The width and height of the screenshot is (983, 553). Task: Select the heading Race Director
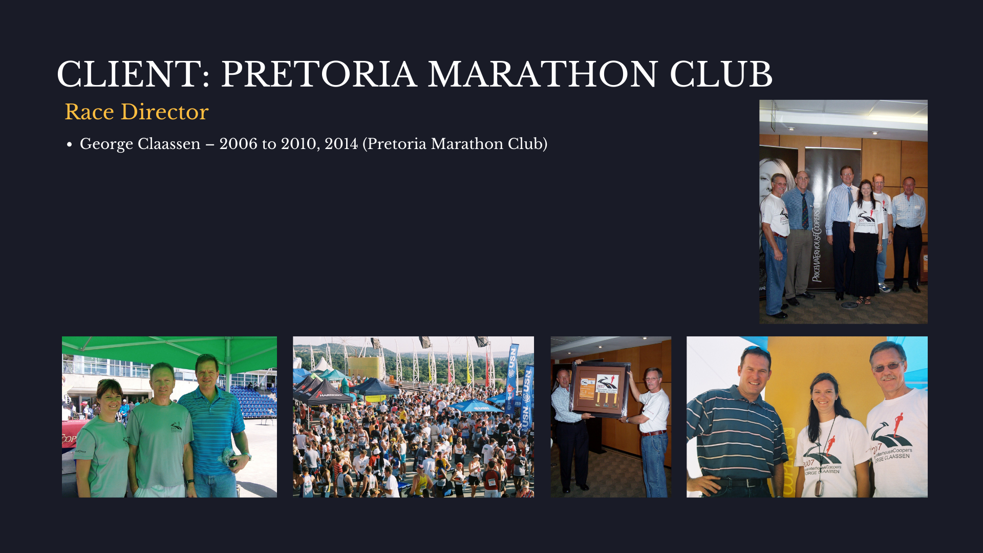point(137,112)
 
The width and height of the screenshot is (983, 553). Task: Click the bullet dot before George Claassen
point(70,145)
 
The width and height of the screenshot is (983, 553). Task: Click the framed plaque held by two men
point(601,390)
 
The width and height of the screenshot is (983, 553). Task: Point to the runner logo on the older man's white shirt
point(891,430)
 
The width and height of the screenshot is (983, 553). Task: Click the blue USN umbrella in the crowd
point(476,407)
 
